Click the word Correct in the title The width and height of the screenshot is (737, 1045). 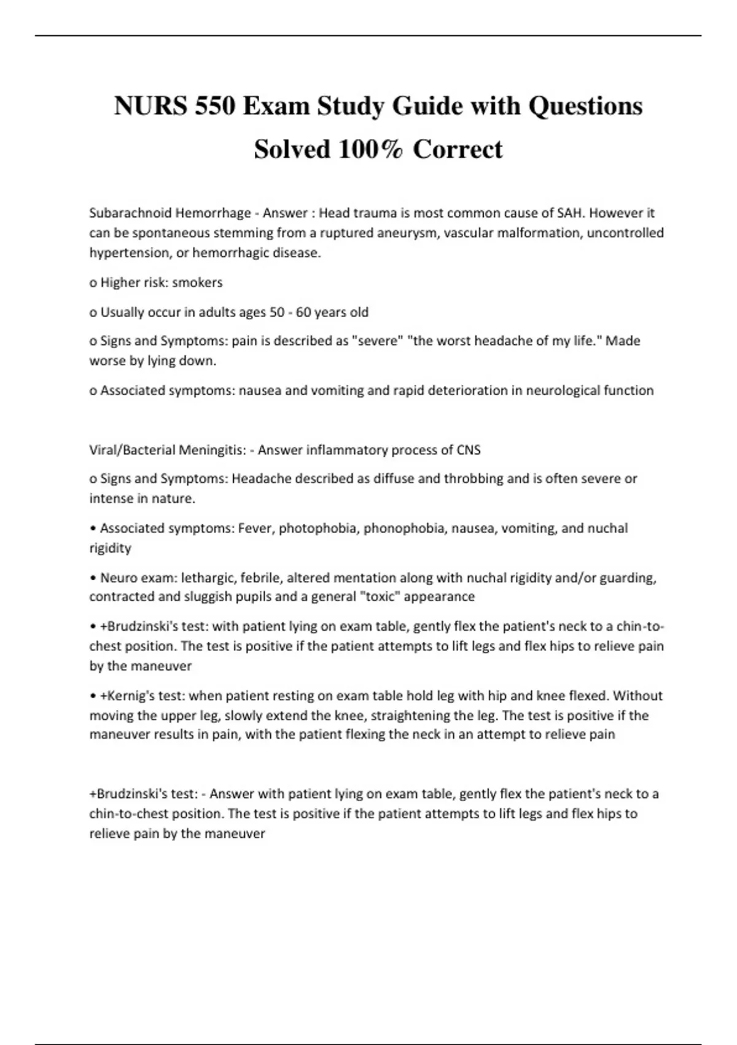[458, 149]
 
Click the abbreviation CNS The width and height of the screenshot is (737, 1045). [469, 450]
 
